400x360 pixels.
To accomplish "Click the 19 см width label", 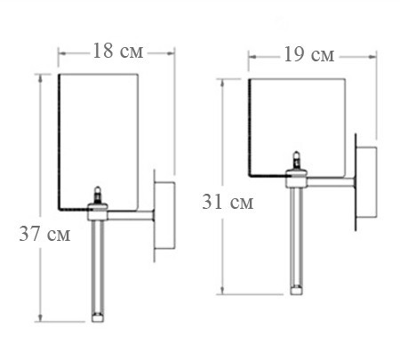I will pos(308,56).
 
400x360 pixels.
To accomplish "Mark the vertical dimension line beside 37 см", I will pos(39,178).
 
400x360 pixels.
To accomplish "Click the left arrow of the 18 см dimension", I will pos(61,52).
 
